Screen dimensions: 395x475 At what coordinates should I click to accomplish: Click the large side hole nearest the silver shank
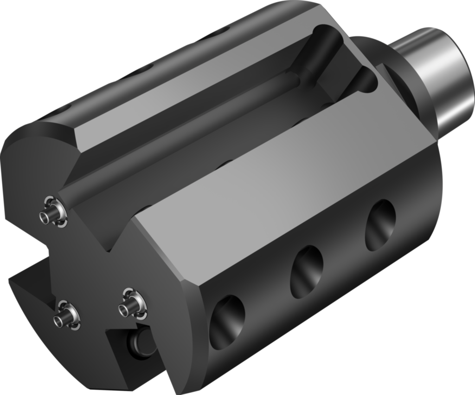coord(380,225)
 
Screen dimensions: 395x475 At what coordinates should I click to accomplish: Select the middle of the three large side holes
coord(307,272)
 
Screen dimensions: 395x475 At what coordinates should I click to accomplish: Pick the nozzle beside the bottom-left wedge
coord(65,316)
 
